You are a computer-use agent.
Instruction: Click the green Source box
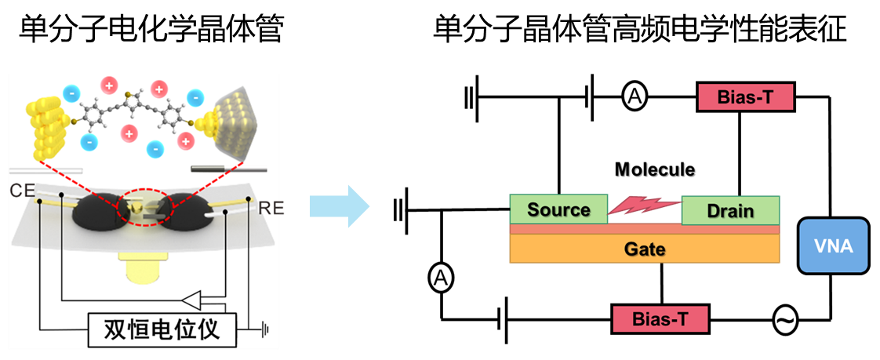(558, 209)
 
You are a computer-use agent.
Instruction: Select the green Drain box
(730, 210)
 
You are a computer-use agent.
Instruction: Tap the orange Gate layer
(644, 249)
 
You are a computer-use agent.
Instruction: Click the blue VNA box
(834, 245)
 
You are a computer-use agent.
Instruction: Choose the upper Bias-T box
(745, 97)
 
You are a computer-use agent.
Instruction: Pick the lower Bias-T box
(660, 319)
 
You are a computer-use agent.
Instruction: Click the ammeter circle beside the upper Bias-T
(634, 96)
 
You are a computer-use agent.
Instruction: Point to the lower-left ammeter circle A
(442, 277)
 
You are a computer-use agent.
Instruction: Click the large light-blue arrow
(339, 207)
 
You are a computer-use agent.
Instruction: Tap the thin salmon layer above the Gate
(644, 229)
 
